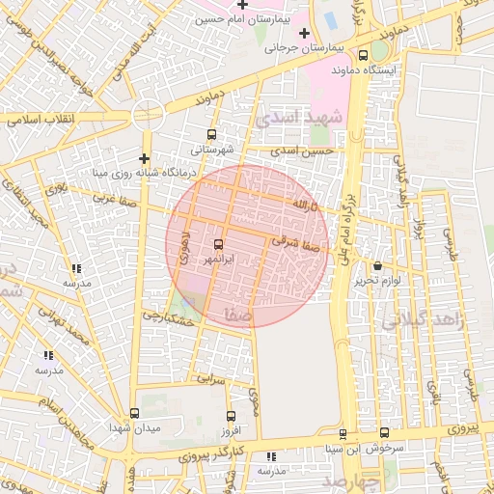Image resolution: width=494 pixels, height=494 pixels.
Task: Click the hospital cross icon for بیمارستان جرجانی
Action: [304, 34]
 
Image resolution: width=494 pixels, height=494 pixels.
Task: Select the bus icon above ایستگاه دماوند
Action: [364, 55]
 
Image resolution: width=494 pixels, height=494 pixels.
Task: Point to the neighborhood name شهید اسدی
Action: [300, 119]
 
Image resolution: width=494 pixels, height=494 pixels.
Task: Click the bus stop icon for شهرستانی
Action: [211, 134]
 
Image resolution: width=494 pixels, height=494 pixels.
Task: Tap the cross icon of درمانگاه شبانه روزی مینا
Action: [144, 158]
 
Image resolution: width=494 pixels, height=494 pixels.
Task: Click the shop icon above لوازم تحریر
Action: [376, 265]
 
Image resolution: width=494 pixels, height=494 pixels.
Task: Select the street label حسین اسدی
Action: [302, 151]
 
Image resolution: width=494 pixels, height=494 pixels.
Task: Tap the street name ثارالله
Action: [300, 206]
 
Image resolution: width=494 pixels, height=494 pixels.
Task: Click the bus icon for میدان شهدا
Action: [134, 412]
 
